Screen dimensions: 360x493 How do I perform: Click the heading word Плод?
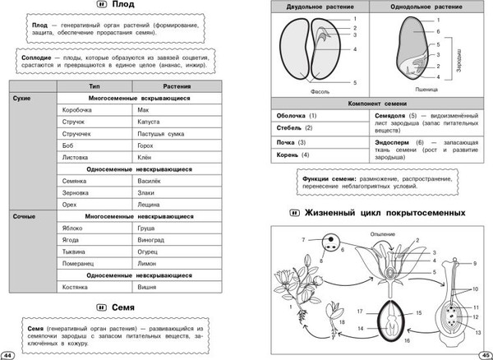click(123, 7)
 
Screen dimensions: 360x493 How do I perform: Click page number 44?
click(7, 354)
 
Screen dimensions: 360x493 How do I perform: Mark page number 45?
click(485, 354)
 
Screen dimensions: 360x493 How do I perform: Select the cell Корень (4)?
click(293, 155)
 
